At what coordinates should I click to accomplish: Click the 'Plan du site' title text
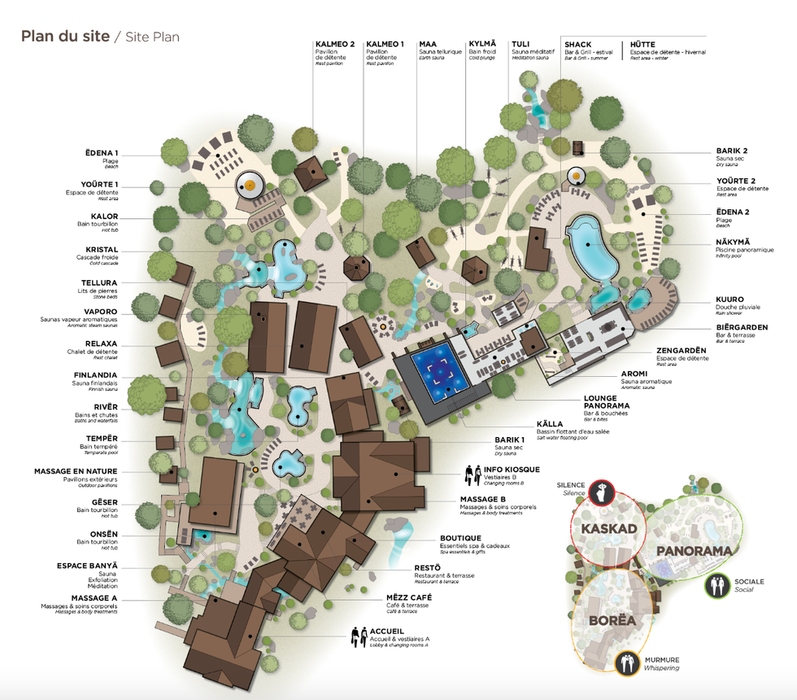coord(63,36)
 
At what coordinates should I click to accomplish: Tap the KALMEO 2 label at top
coord(335,44)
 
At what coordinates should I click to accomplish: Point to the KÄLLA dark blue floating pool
coord(440,373)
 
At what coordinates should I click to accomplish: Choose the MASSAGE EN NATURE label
coord(76,471)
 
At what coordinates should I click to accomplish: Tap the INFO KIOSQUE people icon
coord(473,475)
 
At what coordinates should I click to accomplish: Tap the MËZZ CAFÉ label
coord(408,597)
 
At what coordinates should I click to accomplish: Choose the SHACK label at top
coord(577,44)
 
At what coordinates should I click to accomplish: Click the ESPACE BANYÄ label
coord(88,566)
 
